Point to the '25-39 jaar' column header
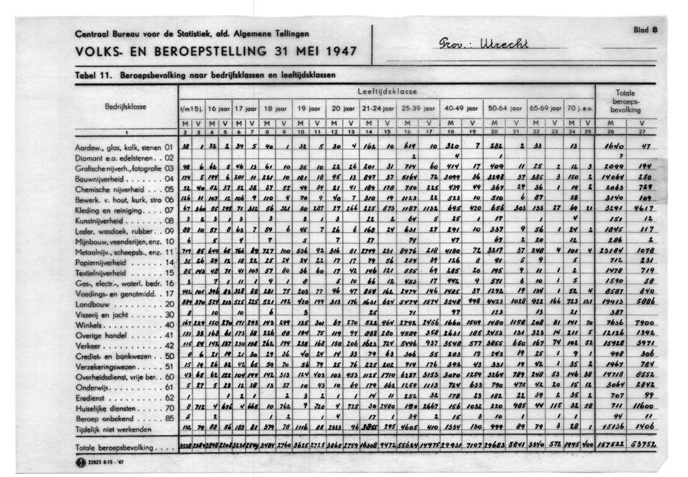click(x=416, y=109)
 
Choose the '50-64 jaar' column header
click(x=502, y=109)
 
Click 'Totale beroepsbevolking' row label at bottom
click(x=117, y=447)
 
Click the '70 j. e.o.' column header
click(x=580, y=109)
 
